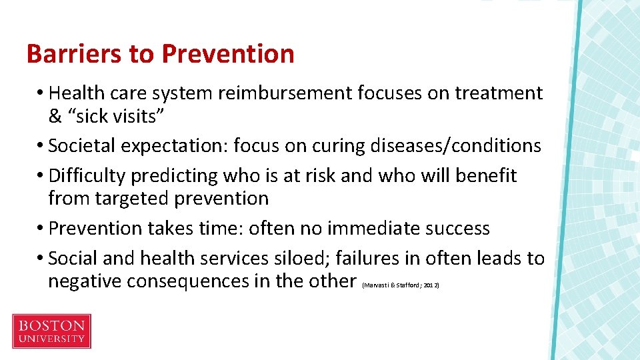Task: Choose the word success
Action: click(457, 229)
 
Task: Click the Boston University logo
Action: click(51, 331)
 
